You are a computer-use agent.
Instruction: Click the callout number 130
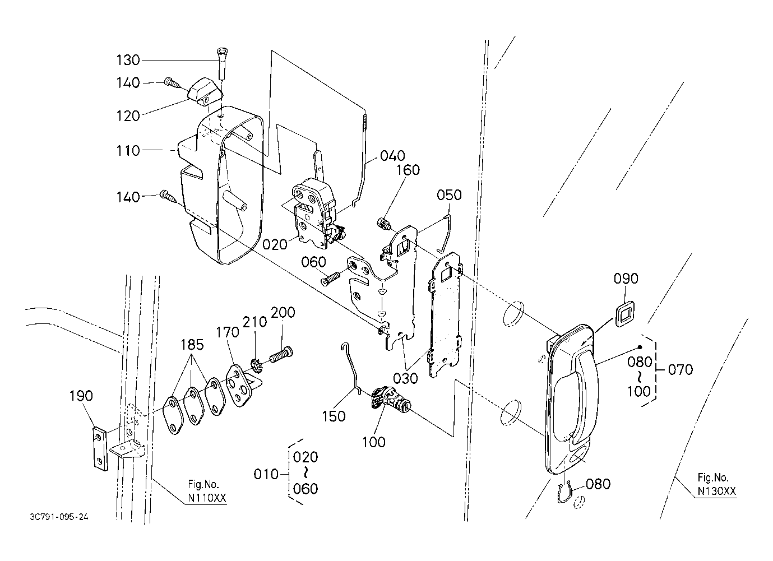(x=128, y=61)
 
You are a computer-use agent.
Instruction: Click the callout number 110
(x=128, y=151)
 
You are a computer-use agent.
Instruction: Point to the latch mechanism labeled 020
(x=317, y=212)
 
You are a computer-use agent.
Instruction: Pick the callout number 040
(x=392, y=156)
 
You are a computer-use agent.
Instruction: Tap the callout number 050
(x=449, y=195)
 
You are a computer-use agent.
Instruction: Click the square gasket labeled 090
(x=626, y=314)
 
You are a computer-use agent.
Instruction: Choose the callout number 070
(x=680, y=370)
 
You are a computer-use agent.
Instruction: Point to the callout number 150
(x=334, y=416)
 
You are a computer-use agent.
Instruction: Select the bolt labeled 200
(x=281, y=356)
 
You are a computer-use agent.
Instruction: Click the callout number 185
(x=192, y=345)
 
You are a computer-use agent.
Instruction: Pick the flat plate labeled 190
(x=100, y=449)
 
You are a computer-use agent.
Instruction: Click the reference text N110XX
(x=207, y=498)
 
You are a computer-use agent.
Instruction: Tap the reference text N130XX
(x=717, y=492)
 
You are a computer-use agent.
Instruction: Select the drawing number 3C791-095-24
(x=59, y=517)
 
